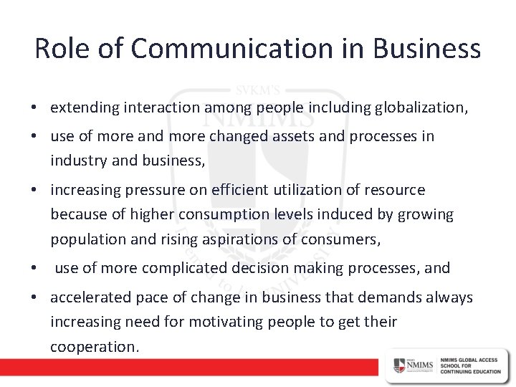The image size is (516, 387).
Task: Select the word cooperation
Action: click(92, 348)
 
